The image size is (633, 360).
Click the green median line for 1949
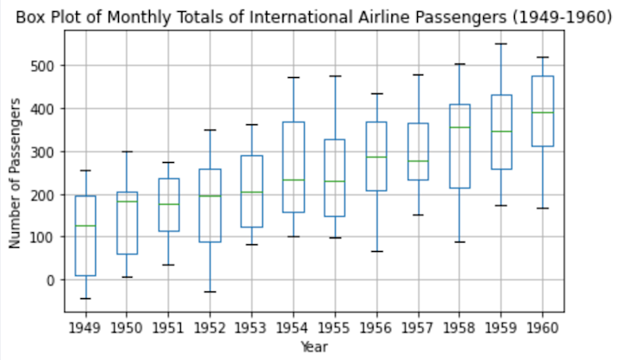click(x=86, y=225)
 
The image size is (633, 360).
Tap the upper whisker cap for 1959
click(x=501, y=44)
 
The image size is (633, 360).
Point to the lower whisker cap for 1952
click(x=210, y=292)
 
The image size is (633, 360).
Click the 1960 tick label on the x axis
click(x=542, y=327)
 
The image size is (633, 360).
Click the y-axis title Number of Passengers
click(x=15, y=173)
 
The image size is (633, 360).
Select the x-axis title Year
click(x=314, y=345)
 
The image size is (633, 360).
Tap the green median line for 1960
click(x=542, y=112)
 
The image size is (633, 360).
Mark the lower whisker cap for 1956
click(x=376, y=251)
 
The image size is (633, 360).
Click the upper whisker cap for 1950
click(x=127, y=152)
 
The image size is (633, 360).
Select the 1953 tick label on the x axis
click(x=252, y=327)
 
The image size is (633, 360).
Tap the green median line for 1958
click(x=459, y=128)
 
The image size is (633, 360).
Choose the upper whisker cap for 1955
click(x=335, y=76)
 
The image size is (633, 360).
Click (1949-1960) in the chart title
click(x=564, y=17)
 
